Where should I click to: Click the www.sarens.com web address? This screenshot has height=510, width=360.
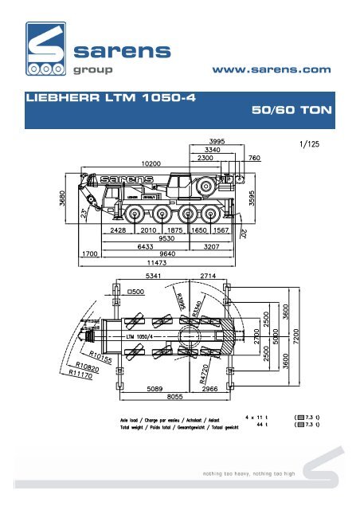point(272,70)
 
